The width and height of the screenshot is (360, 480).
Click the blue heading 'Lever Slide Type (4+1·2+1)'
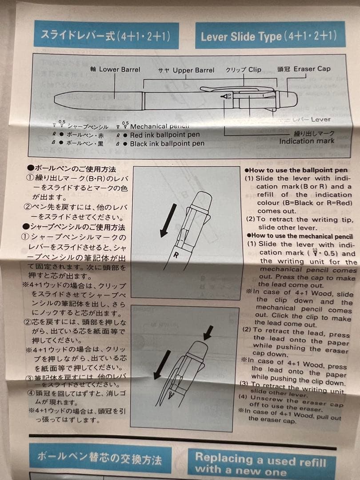click(269, 36)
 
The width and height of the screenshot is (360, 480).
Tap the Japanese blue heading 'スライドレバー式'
click(106, 36)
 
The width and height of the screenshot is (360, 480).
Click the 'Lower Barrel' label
click(119, 69)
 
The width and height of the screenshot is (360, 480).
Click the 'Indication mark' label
click(307, 141)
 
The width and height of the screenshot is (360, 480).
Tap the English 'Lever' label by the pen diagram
click(320, 119)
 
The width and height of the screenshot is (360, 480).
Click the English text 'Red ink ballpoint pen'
click(165, 135)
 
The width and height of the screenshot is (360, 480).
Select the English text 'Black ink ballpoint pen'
click(167, 144)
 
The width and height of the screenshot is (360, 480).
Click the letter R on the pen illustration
click(176, 255)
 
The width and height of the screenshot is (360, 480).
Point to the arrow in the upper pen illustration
click(168, 220)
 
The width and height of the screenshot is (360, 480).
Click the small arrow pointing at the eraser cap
click(208, 332)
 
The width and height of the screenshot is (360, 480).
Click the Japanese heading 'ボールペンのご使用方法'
click(72, 169)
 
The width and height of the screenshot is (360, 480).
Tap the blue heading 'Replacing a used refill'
click(260, 459)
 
